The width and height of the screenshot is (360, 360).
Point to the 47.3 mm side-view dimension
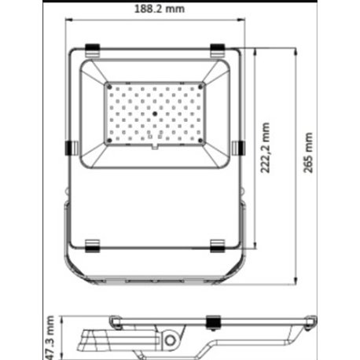pyautogui.click(x=49, y=333)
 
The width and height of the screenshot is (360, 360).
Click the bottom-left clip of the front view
pyautogui.click(x=92, y=245)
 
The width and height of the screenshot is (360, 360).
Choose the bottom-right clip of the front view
pyautogui.click(x=219, y=245)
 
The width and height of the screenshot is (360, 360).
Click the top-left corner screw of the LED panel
pyautogui.click(x=109, y=84)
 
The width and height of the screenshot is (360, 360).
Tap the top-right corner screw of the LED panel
pyautogui.click(x=200, y=84)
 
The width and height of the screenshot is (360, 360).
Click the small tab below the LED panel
pyautogui.click(x=155, y=146)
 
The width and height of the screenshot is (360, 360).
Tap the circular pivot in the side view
pyautogui.click(x=172, y=340)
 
